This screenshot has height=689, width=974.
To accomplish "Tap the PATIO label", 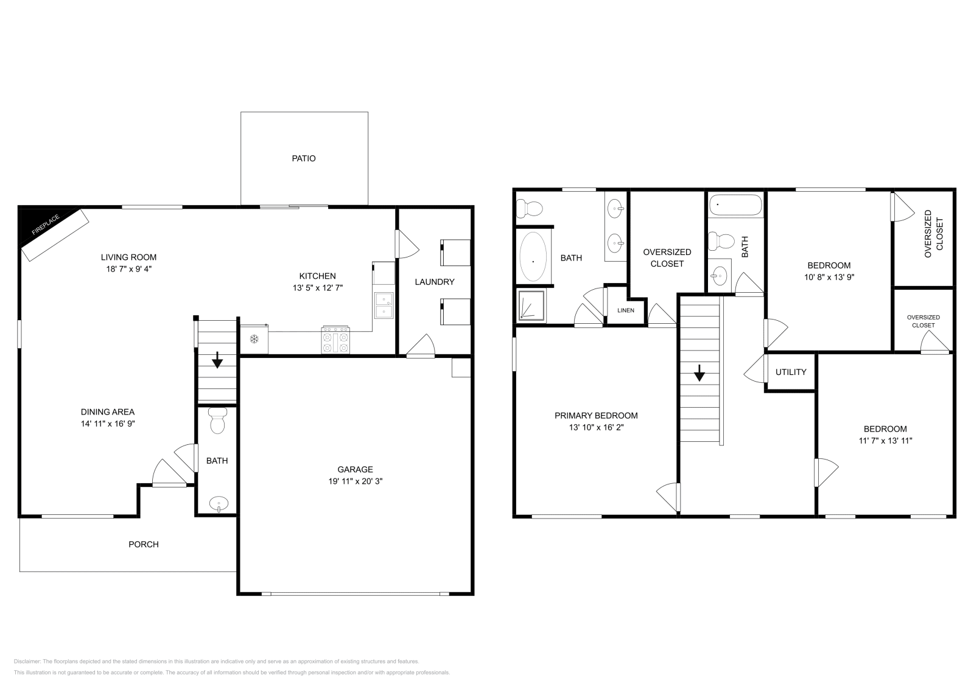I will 304,158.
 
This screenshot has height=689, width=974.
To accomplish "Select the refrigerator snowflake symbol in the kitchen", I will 254,339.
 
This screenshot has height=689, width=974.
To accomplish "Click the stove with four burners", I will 336,340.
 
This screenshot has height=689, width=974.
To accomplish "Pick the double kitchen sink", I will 384,306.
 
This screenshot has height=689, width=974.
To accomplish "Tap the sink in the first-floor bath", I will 218,504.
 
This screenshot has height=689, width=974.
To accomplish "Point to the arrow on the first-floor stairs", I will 217,361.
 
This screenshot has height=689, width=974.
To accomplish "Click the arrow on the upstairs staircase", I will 699,372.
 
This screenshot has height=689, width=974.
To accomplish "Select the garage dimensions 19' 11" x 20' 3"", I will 356,481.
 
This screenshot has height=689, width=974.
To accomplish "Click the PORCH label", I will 144,544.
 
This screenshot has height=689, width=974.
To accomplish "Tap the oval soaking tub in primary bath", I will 533,256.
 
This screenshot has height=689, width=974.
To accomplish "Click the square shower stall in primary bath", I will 531,306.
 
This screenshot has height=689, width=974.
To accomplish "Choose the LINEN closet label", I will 626,310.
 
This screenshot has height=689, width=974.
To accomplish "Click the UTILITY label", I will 791,372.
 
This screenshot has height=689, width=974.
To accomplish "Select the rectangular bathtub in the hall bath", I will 735,205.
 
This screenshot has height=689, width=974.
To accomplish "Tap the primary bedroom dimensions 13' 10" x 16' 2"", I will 596,427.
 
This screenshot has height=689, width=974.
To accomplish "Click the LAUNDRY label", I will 435,282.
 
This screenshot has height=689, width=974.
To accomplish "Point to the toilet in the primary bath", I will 528,209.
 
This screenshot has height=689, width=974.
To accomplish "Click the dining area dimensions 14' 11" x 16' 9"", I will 108,424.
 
